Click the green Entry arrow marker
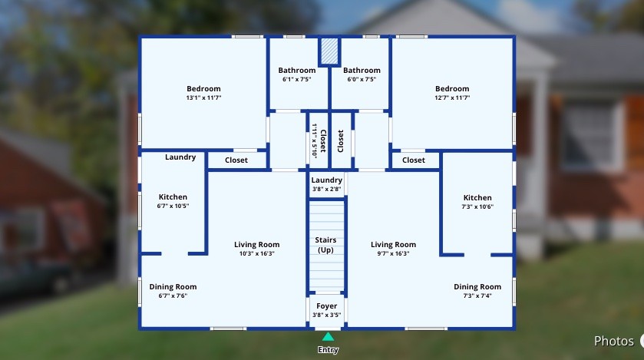[328, 337]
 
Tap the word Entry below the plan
[328, 350]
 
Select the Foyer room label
[326, 306]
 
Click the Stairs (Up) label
[325, 245]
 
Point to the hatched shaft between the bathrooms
[329, 51]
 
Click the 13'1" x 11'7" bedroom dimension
[203, 97]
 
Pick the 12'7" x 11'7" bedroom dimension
[452, 97]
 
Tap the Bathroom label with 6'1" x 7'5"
[297, 70]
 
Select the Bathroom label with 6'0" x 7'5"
[362, 70]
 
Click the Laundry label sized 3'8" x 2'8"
[326, 180]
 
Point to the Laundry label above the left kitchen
[180, 157]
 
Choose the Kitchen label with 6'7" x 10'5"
[173, 197]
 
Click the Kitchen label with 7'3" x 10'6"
[477, 198]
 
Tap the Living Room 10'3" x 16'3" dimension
[256, 253]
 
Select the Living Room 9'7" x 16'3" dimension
[394, 253]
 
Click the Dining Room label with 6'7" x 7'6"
[173, 286]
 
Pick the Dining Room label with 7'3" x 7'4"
[477, 286]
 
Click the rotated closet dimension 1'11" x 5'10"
[314, 140]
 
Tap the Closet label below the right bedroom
[414, 160]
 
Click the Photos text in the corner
[613, 341]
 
